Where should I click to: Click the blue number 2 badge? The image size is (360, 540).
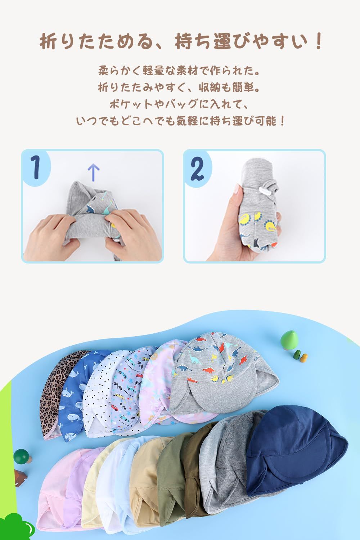coord(197,168)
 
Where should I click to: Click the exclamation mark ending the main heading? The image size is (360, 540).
coord(318,41)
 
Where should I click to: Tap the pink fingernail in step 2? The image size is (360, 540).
coord(237,188)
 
